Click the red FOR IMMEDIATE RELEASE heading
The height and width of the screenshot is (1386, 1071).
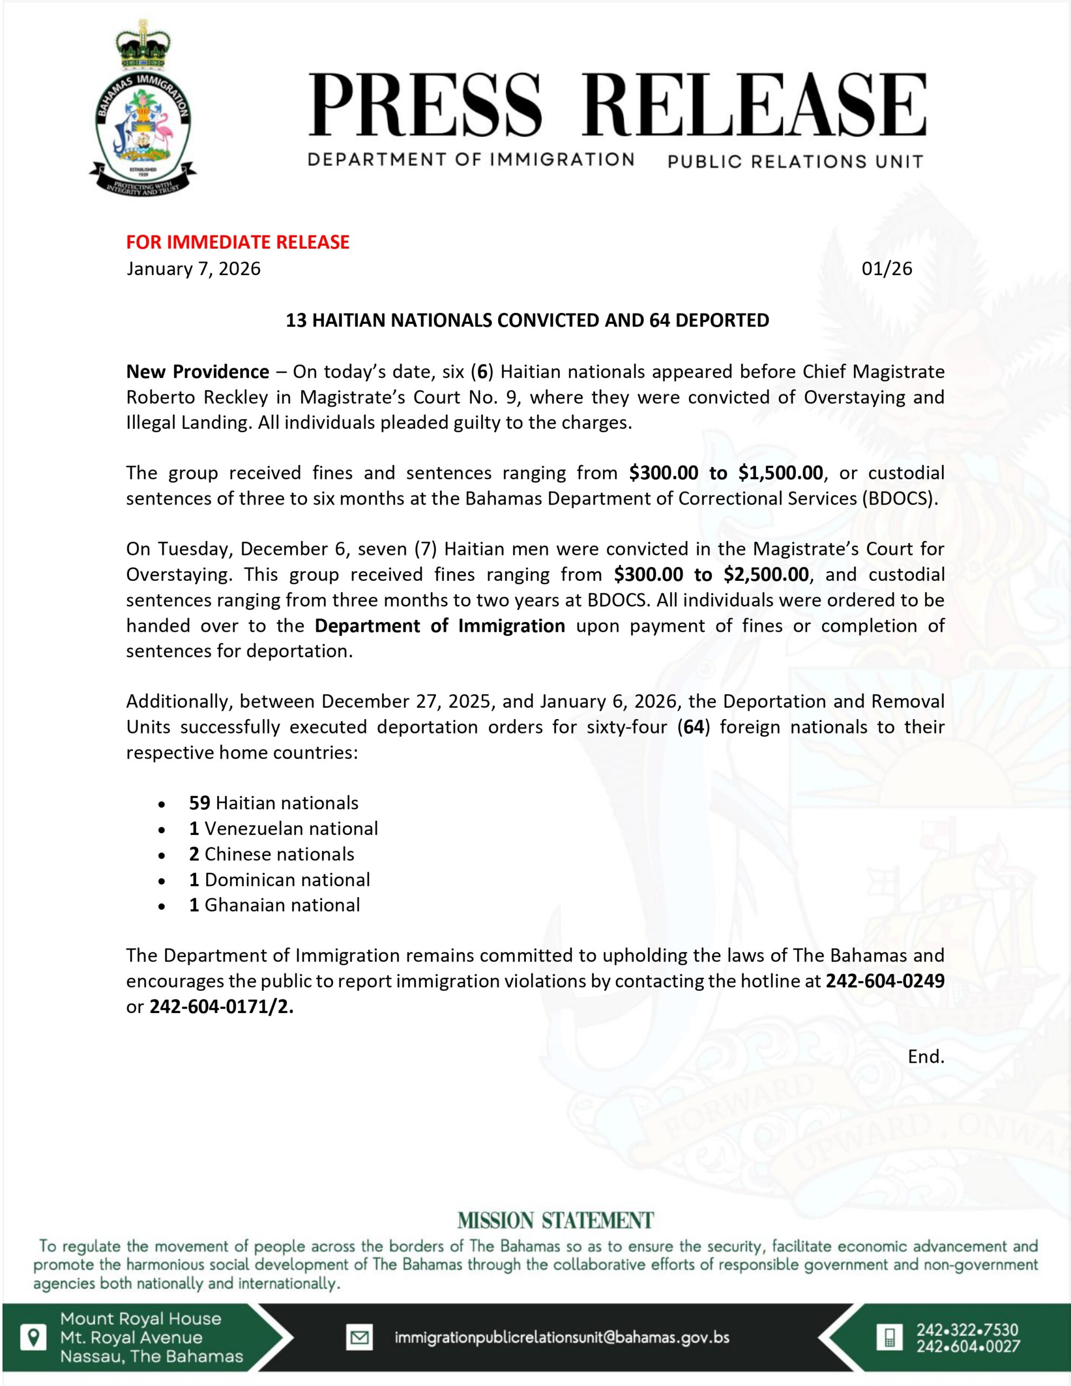click(x=238, y=242)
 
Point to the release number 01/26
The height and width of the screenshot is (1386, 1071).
click(x=886, y=269)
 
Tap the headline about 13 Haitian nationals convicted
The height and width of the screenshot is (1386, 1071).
click(x=527, y=320)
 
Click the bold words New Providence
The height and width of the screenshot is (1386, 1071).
click(x=198, y=371)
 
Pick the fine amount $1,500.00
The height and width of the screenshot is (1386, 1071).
click(x=780, y=473)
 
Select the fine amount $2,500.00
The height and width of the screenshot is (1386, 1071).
click(x=766, y=574)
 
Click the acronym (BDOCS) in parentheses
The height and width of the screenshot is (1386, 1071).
click(x=898, y=498)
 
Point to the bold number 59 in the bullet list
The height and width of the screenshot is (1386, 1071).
click(x=199, y=803)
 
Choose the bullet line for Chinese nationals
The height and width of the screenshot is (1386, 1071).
click(x=272, y=854)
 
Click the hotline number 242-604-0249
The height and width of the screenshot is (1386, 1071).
click(x=884, y=981)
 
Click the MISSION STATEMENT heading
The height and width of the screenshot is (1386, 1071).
click(x=555, y=1220)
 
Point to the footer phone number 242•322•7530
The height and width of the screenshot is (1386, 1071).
click(x=968, y=1330)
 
